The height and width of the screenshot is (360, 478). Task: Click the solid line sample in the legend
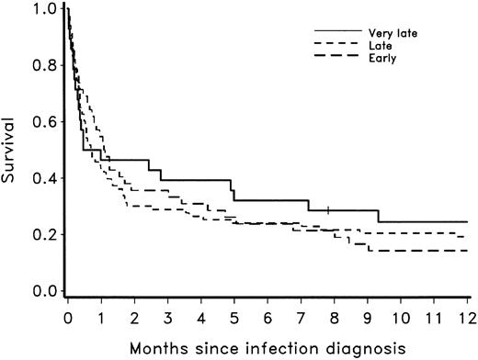coord(328,32)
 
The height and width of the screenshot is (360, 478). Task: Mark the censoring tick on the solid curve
coord(328,210)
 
